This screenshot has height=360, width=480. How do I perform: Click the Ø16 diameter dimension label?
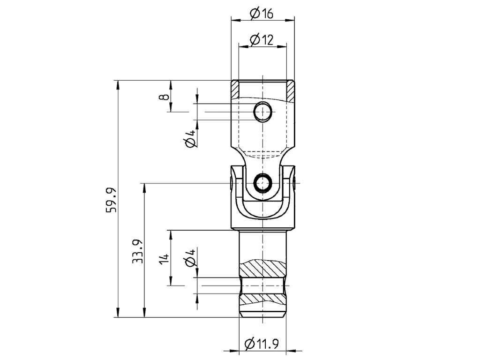[261, 14]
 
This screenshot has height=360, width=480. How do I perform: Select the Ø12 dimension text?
[261, 40]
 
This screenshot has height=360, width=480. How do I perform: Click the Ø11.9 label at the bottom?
[262, 344]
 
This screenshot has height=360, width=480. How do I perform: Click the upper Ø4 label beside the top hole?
[190, 139]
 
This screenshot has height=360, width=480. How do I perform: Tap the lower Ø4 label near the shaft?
[190, 258]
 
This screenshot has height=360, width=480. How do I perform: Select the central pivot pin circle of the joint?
[262, 183]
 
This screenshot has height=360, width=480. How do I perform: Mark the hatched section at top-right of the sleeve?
[291, 91]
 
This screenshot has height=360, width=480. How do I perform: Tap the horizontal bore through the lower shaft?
[263, 285]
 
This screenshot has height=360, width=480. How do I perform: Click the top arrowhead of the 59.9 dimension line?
[118, 84]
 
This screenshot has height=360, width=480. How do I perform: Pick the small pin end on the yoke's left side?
[231, 184]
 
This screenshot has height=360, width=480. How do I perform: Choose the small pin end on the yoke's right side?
[294, 184]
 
